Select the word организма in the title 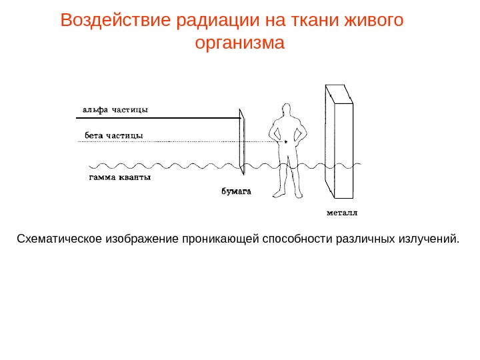click(240, 43)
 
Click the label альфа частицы click(115, 110)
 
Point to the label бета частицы click(113, 135)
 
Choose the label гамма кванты click(120, 178)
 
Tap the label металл click(342, 214)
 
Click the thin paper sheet click(243, 142)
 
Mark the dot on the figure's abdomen click(285, 142)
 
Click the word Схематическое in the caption click(59, 238)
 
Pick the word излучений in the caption click(433, 238)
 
